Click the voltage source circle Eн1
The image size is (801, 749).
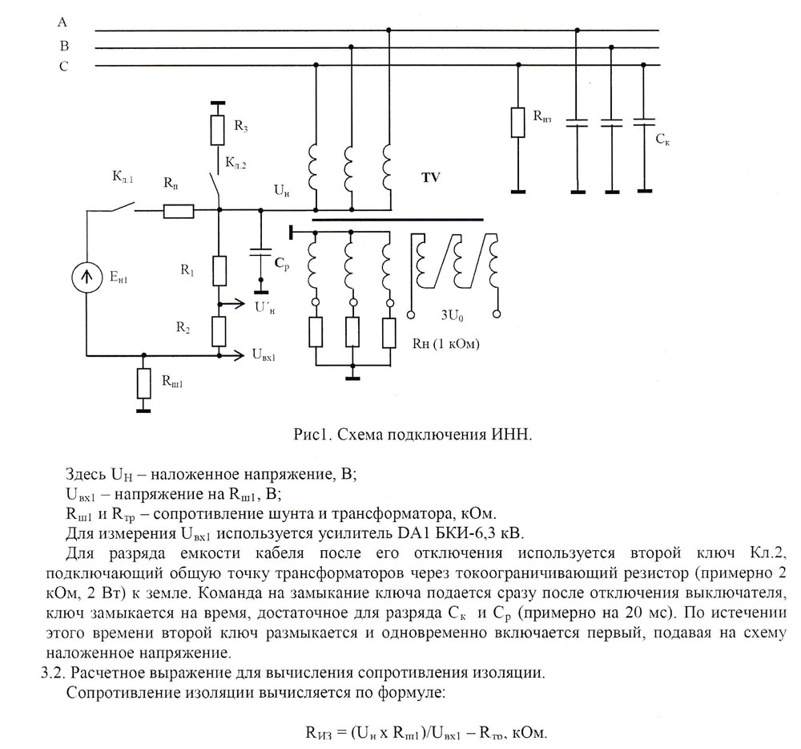pyautogui.click(x=87, y=277)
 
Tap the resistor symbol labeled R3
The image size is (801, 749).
pyautogui.click(x=218, y=131)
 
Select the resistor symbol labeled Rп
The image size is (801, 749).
pyautogui.click(x=179, y=211)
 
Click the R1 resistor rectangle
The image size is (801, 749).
pyautogui.click(x=219, y=271)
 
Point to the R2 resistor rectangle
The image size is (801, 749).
pyautogui.click(x=219, y=331)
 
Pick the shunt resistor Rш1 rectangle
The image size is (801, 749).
pyautogui.click(x=144, y=383)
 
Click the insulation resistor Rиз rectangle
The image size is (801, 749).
pyautogui.click(x=518, y=122)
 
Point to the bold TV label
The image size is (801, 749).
pyautogui.click(x=431, y=177)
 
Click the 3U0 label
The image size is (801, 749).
pyautogui.click(x=452, y=315)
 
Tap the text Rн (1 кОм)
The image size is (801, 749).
pyautogui.click(x=446, y=343)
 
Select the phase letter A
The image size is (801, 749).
pyautogui.click(x=62, y=22)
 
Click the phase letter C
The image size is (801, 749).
pyautogui.click(x=63, y=67)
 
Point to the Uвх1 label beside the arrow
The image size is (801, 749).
pyautogui.click(x=264, y=354)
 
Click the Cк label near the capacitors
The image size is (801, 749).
pyautogui.click(x=662, y=139)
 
